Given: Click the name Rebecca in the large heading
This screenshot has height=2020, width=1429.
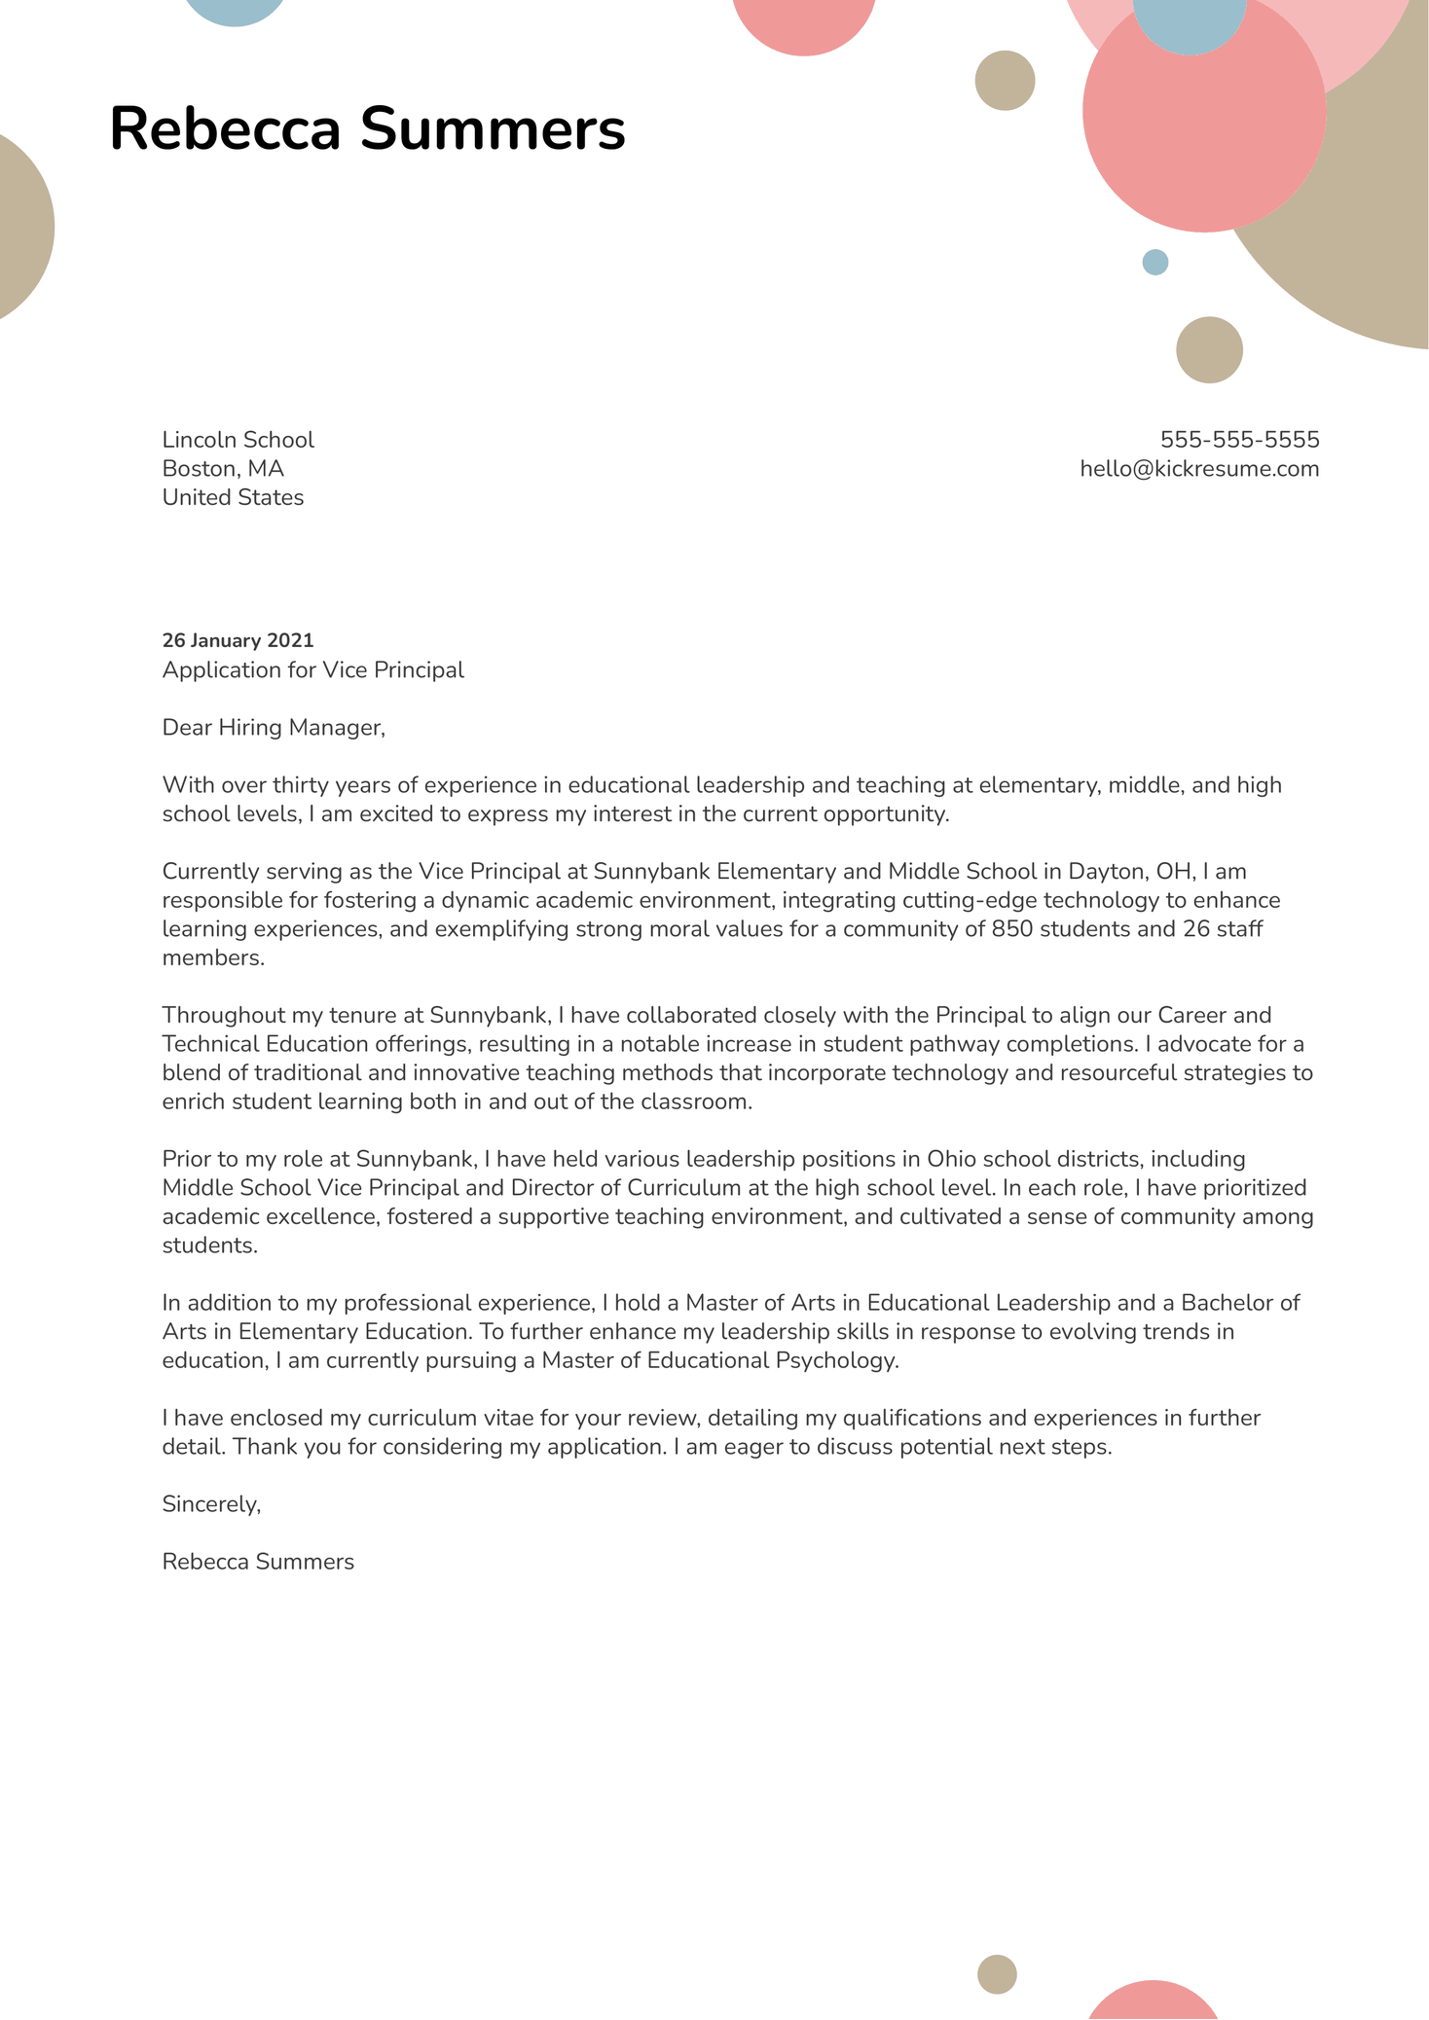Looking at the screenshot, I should point(225,129).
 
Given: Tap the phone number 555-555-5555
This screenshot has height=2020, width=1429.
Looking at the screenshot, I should point(1239,440).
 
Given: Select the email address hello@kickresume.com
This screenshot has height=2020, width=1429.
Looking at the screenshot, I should point(1199,469).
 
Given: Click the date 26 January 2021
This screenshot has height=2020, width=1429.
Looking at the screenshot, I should point(238,640).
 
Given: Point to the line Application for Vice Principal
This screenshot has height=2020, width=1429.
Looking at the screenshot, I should point(312,670).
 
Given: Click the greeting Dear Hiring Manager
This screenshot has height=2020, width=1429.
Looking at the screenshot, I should point(274,728).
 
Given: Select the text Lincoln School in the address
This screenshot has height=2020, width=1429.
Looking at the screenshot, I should point(238,440).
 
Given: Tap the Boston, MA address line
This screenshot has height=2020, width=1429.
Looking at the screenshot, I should point(223,469).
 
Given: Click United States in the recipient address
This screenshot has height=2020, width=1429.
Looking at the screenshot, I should point(233,498).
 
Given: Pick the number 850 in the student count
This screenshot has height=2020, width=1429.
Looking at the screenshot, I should point(1011,929).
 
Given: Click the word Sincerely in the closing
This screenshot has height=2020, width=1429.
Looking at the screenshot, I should point(210,1504).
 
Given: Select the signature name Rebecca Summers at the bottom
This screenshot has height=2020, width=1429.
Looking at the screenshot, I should point(258,1562).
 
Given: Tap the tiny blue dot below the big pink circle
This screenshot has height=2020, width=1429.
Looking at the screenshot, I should point(1154,262).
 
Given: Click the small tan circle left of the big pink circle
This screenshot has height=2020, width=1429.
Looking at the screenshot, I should point(1005,81).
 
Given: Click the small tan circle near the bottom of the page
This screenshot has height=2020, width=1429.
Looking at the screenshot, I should point(997,1974).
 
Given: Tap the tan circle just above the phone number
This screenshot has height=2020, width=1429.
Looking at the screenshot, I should point(1209,349).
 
